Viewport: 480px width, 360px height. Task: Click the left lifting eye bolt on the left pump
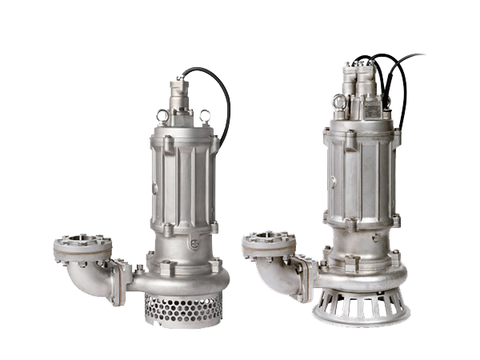(x=163, y=118)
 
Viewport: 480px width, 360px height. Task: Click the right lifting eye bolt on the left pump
(x=206, y=116)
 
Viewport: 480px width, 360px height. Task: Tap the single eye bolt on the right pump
(x=340, y=102)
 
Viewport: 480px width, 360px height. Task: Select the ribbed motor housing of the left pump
(x=183, y=180)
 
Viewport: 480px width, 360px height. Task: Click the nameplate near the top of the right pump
(x=372, y=108)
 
